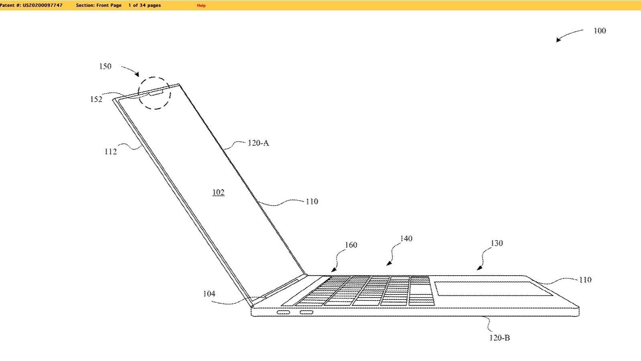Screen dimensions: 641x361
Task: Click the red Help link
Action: click(201, 6)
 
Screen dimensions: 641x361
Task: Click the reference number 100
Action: click(600, 30)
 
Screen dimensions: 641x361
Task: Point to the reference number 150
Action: click(105, 67)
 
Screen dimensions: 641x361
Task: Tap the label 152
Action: click(96, 99)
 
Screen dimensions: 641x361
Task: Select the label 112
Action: click(111, 151)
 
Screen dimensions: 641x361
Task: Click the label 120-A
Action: click(258, 143)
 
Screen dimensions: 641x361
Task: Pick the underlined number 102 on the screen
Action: click(218, 192)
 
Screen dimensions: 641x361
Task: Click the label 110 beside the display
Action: click(312, 202)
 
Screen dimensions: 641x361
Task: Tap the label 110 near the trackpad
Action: click(585, 280)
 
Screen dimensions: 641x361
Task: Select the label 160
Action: click(351, 245)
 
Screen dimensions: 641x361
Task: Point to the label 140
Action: click(406, 238)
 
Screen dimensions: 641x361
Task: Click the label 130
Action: click(497, 243)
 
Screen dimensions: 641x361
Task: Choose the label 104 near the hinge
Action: click(209, 294)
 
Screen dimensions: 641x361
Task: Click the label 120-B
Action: click(500, 338)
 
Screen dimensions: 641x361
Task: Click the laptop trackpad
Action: click(493, 289)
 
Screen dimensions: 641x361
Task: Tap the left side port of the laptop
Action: click(283, 312)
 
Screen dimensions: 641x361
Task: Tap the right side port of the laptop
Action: click(306, 312)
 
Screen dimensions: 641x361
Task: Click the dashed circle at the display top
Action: click(154, 93)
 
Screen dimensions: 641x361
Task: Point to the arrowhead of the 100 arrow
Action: click(558, 40)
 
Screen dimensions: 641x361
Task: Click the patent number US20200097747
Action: click(43, 5)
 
